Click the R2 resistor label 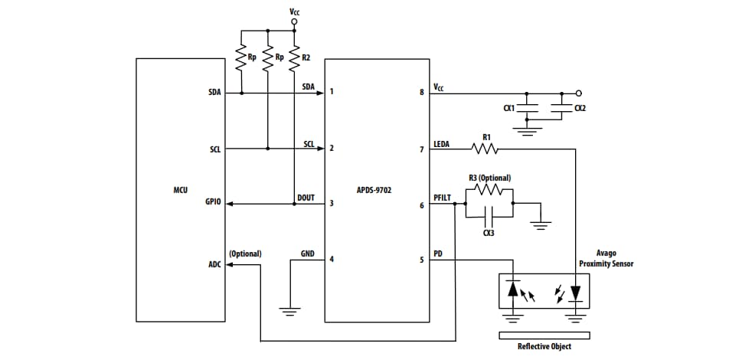306,57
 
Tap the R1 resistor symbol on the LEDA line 486,149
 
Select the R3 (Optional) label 489,178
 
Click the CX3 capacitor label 488,233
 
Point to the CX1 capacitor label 508,108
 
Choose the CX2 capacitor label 580,108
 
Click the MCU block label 181,188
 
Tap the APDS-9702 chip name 374,188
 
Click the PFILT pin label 443,197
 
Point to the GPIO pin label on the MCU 214,203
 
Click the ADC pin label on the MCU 215,265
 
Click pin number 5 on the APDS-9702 421,260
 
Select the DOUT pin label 306,197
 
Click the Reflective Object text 544,346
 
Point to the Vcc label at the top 295,11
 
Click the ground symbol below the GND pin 289,311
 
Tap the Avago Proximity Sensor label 606,258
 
